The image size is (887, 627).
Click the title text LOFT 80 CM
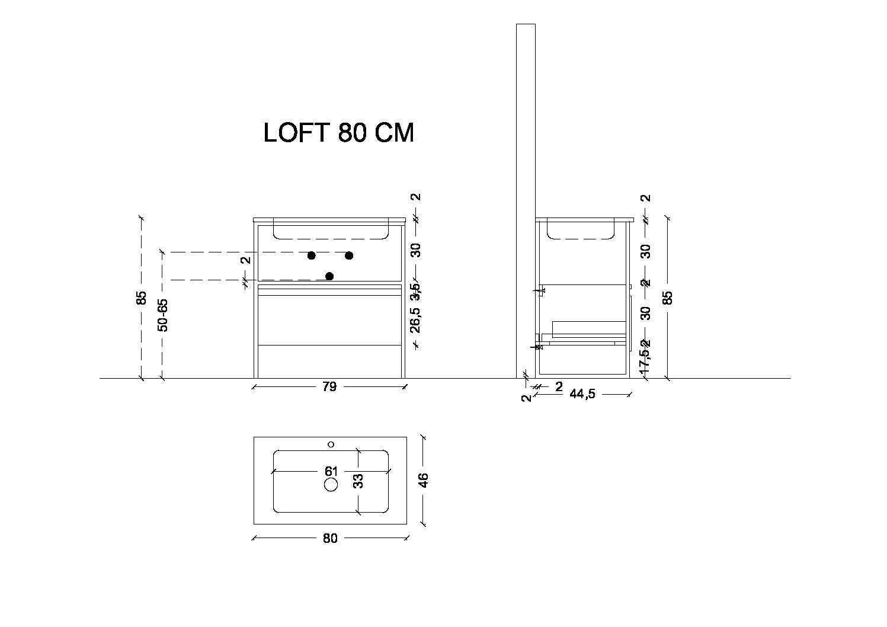(x=338, y=133)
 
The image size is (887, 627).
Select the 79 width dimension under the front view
(x=329, y=386)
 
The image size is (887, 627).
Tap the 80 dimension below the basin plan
(x=330, y=538)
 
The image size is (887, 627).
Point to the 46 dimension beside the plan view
(x=423, y=480)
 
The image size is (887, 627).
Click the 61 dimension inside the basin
(x=331, y=472)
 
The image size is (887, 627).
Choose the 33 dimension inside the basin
(x=358, y=481)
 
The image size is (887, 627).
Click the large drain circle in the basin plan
(x=331, y=485)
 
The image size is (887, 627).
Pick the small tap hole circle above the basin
(x=331, y=444)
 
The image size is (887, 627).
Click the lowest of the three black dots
(x=329, y=276)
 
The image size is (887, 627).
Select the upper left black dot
(x=311, y=255)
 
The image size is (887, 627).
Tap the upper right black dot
(x=349, y=255)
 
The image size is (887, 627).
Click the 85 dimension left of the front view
(x=142, y=297)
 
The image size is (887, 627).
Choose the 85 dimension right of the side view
(x=668, y=297)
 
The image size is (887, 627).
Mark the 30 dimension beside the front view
(x=416, y=250)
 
